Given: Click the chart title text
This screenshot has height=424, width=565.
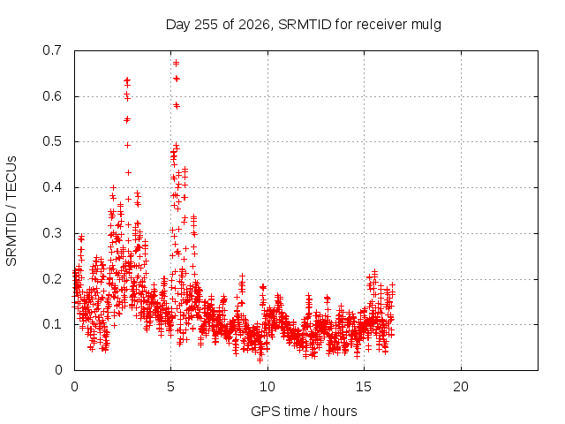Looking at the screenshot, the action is tap(304, 25).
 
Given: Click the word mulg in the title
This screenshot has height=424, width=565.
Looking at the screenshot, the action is tap(426, 26).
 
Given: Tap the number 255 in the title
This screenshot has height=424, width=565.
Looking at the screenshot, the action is tap(206, 25).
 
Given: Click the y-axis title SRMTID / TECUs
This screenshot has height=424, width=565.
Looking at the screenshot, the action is tap(11, 211).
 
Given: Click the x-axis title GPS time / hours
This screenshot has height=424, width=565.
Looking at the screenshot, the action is tap(304, 411).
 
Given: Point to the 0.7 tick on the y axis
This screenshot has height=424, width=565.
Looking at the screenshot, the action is tap(52, 50).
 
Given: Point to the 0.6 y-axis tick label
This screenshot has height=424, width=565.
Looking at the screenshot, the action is tap(52, 96).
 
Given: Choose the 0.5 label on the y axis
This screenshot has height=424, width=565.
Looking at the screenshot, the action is tap(52, 141).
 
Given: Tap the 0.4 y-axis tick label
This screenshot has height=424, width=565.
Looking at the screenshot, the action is tap(52, 187).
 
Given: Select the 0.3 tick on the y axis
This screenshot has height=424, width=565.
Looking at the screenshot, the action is tap(52, 233).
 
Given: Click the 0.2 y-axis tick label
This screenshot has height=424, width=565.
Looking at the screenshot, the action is tap(52, 279).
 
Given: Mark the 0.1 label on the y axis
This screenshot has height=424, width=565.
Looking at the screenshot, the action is tap(52, 324).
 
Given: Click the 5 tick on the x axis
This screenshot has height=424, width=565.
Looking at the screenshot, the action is tap(170, 387).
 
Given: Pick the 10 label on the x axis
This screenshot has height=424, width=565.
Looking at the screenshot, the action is tap(267, 387).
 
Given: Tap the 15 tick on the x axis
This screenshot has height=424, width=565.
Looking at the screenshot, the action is tap(364, 387).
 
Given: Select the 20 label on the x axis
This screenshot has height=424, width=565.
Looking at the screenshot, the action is tap(461, 387).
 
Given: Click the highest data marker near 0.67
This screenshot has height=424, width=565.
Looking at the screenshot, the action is tap(177, 63).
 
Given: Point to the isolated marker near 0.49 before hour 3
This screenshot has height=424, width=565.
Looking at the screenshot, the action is tap(127, 145).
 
